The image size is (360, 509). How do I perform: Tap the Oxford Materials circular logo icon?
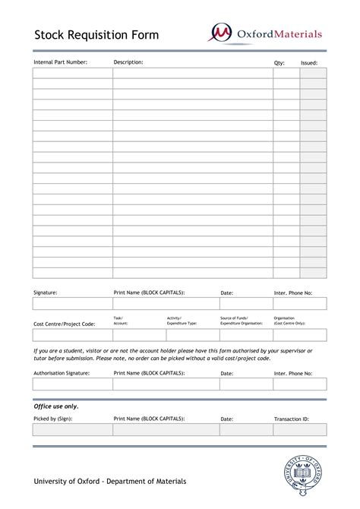221,33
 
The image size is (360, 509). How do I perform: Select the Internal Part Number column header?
61,62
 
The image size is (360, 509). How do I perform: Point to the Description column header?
128,62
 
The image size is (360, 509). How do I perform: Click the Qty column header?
279,62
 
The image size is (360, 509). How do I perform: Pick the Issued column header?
309,62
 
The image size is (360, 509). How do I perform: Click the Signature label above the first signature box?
46,292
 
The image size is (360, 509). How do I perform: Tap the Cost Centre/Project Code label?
64,324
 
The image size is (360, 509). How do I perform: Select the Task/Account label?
121,321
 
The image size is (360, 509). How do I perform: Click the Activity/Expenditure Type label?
182,321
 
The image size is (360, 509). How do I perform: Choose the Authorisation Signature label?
62,374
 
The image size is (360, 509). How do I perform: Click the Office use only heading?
55,406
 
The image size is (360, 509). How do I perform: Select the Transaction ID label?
292,419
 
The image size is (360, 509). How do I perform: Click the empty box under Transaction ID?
299,430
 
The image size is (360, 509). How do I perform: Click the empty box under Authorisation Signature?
72,384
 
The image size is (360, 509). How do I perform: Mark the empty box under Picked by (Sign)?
72,430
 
